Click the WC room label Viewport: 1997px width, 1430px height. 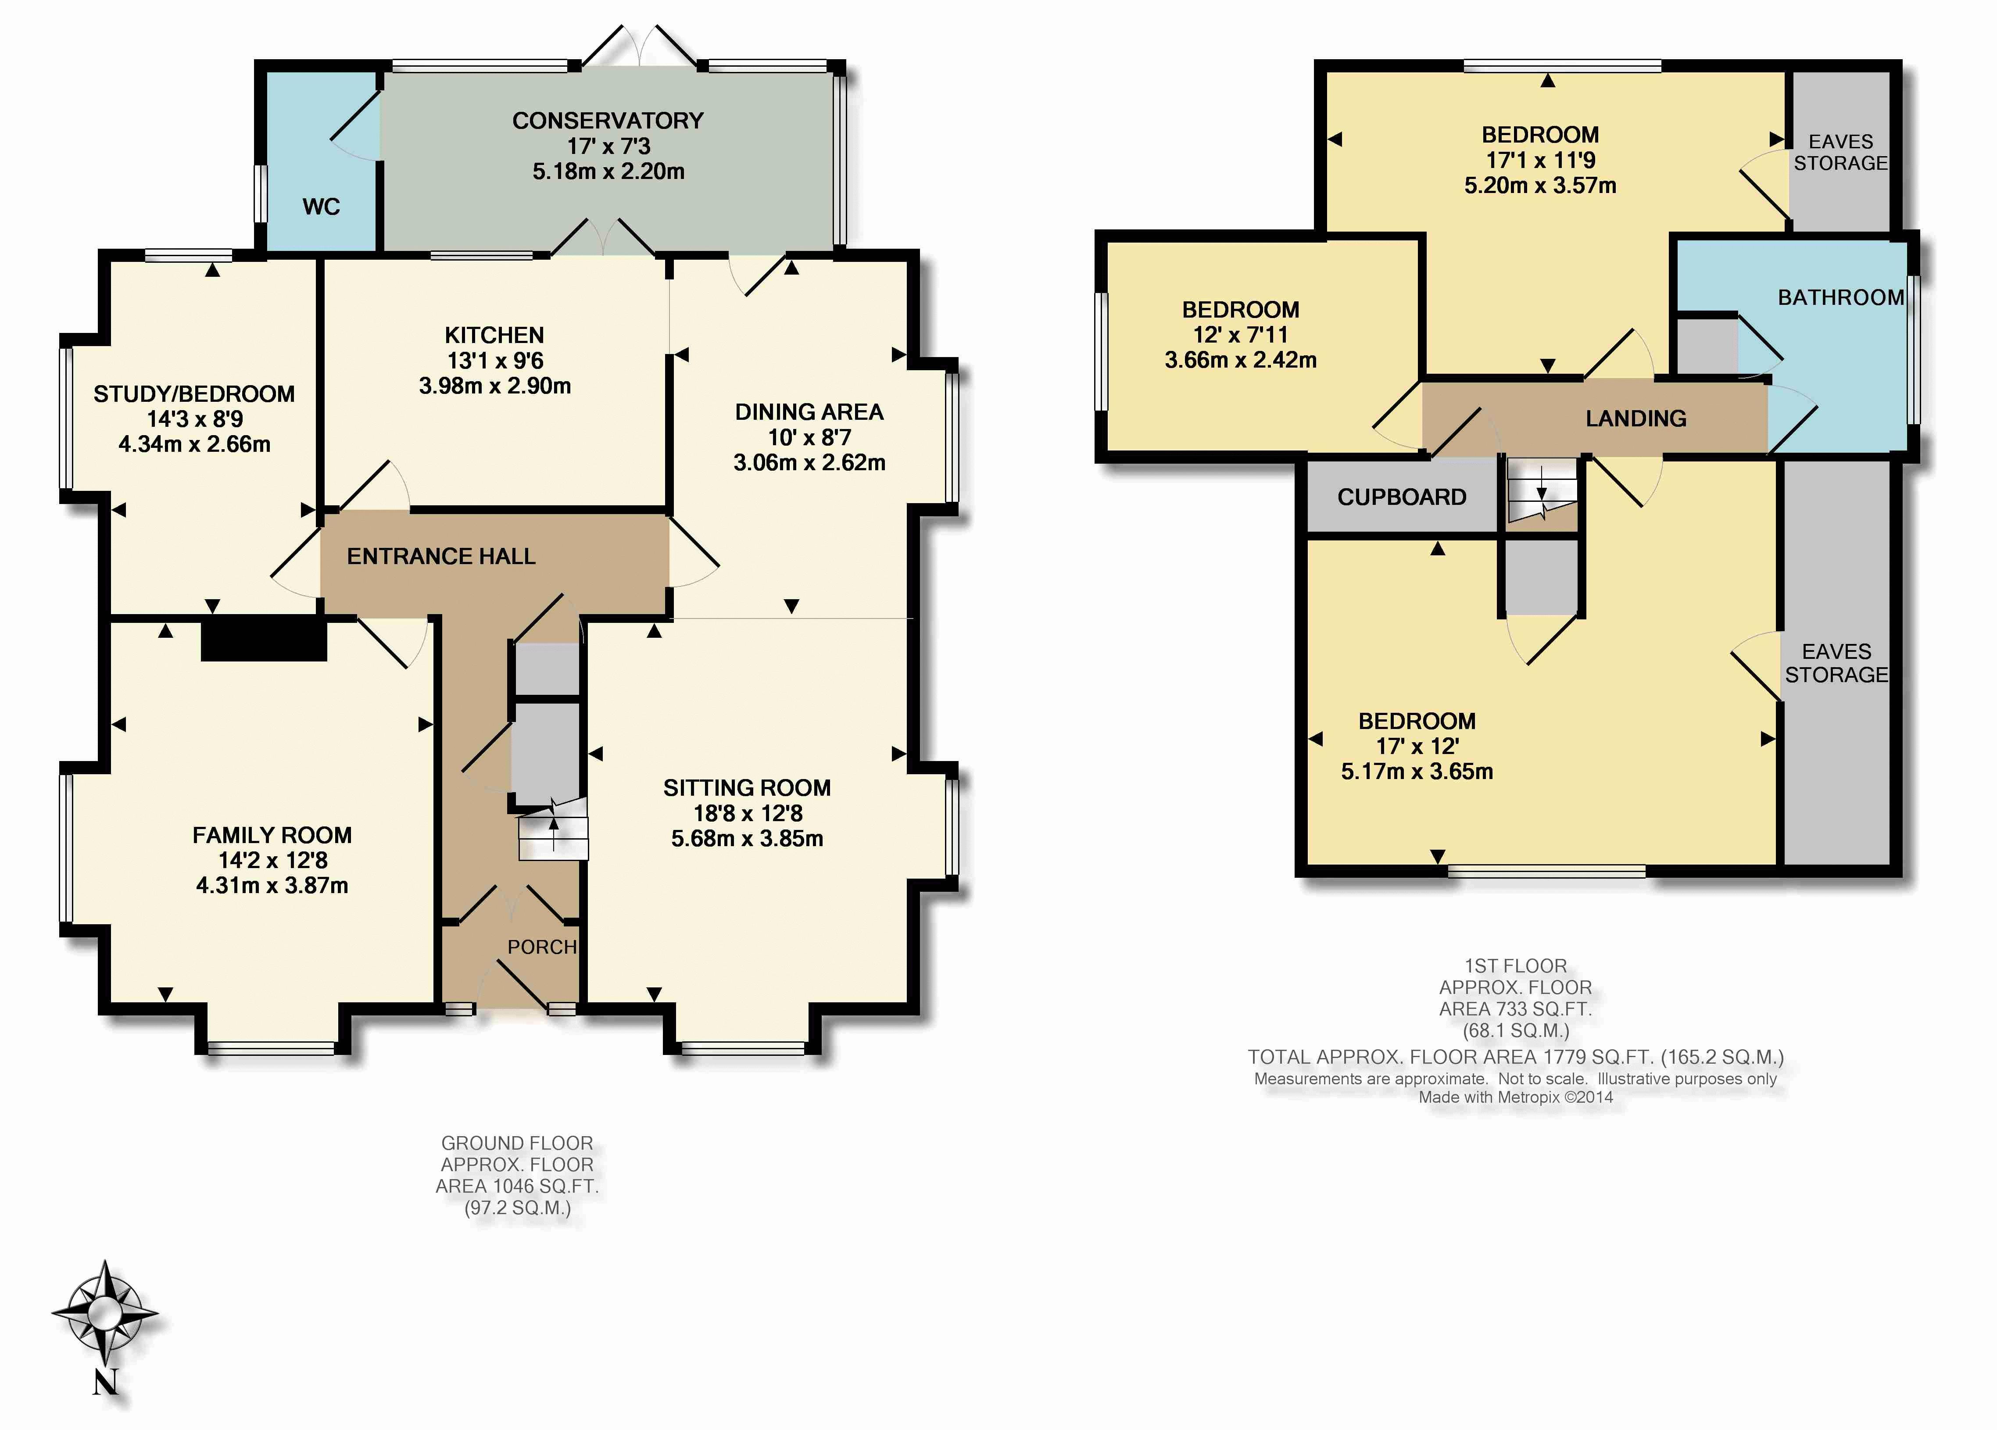(x=322, y=207)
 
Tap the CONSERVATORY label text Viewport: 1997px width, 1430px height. (x=608, y=121)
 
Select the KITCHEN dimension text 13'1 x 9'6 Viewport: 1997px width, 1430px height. (x=495, y=360)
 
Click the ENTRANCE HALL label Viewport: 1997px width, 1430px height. (x=441, y=557)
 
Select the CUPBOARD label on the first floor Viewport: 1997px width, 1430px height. (x=1402, y=497)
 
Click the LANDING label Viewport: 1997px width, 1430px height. (x=1636, y=419)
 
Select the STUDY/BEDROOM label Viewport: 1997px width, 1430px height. (x=195, y=394)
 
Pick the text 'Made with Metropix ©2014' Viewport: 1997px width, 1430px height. (x=1515, y=1097)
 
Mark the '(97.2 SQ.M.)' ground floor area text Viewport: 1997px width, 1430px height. (x=518, y=1208)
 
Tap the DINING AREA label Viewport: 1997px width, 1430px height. (x=809, y=412)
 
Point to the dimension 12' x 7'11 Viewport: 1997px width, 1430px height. (x=1241, y=336)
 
